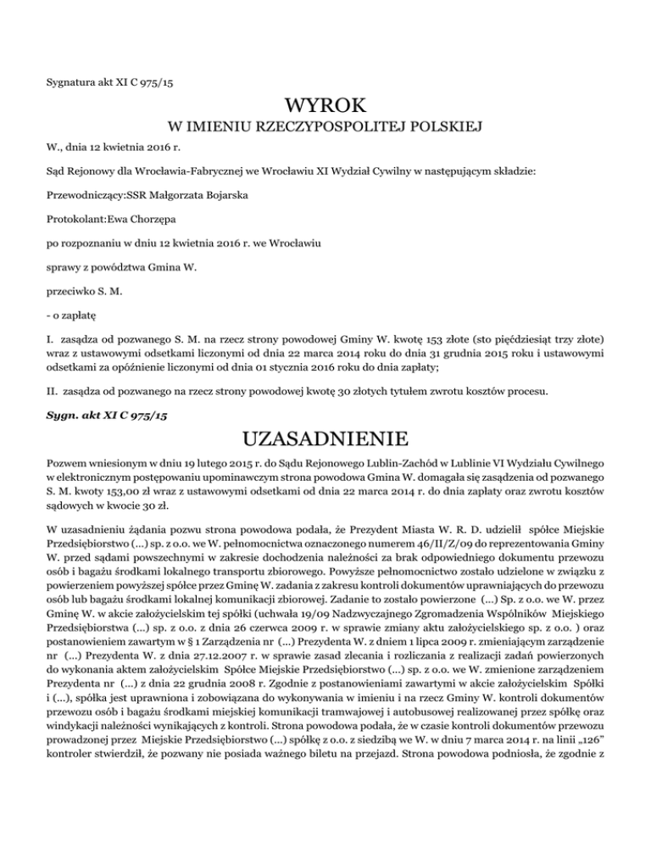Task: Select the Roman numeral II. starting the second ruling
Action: tap(52, 394)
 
